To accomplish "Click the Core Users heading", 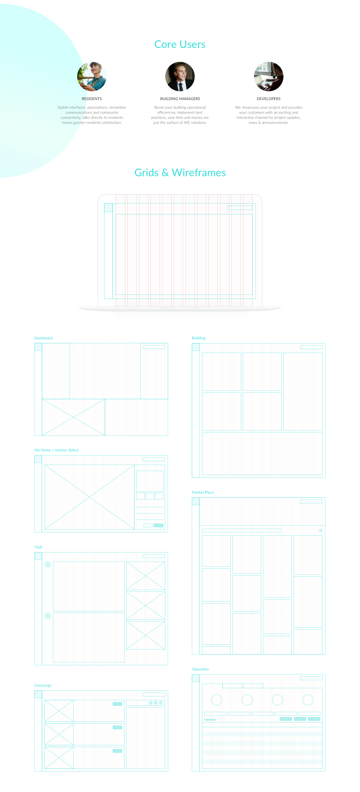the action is (180, 45).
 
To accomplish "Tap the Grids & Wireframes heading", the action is (180, 173).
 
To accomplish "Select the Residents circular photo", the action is (92, 76).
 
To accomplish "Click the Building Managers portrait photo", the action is (180, 76).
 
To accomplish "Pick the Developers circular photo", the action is (268, 76).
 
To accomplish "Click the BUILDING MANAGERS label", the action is (180, 99).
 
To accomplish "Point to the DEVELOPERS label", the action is (268, 99).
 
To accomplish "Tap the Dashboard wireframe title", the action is (43, 338).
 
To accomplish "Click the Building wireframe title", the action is (199, 338).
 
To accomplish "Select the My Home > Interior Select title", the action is (57, 450).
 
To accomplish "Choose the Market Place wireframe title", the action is (203, 492).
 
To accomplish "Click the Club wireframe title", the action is (38, 547).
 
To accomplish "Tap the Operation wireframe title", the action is (200, 669).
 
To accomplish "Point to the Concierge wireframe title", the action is (43, 685).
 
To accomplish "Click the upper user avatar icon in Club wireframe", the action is (48, 565).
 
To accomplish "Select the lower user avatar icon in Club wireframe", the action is (48, 616).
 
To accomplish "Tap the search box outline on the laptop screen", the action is (240, 208).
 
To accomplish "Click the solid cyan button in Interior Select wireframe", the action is (159, 525).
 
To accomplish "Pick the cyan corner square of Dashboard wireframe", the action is (38, 347).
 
